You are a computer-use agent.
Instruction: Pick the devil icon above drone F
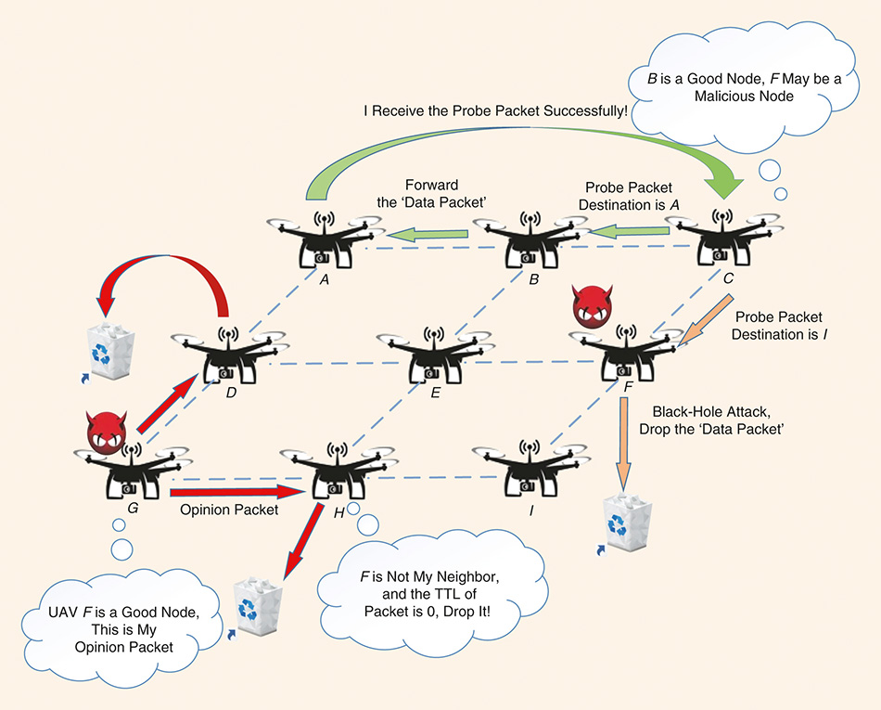pos(594,308)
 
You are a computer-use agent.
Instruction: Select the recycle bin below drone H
pos(253,606)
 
